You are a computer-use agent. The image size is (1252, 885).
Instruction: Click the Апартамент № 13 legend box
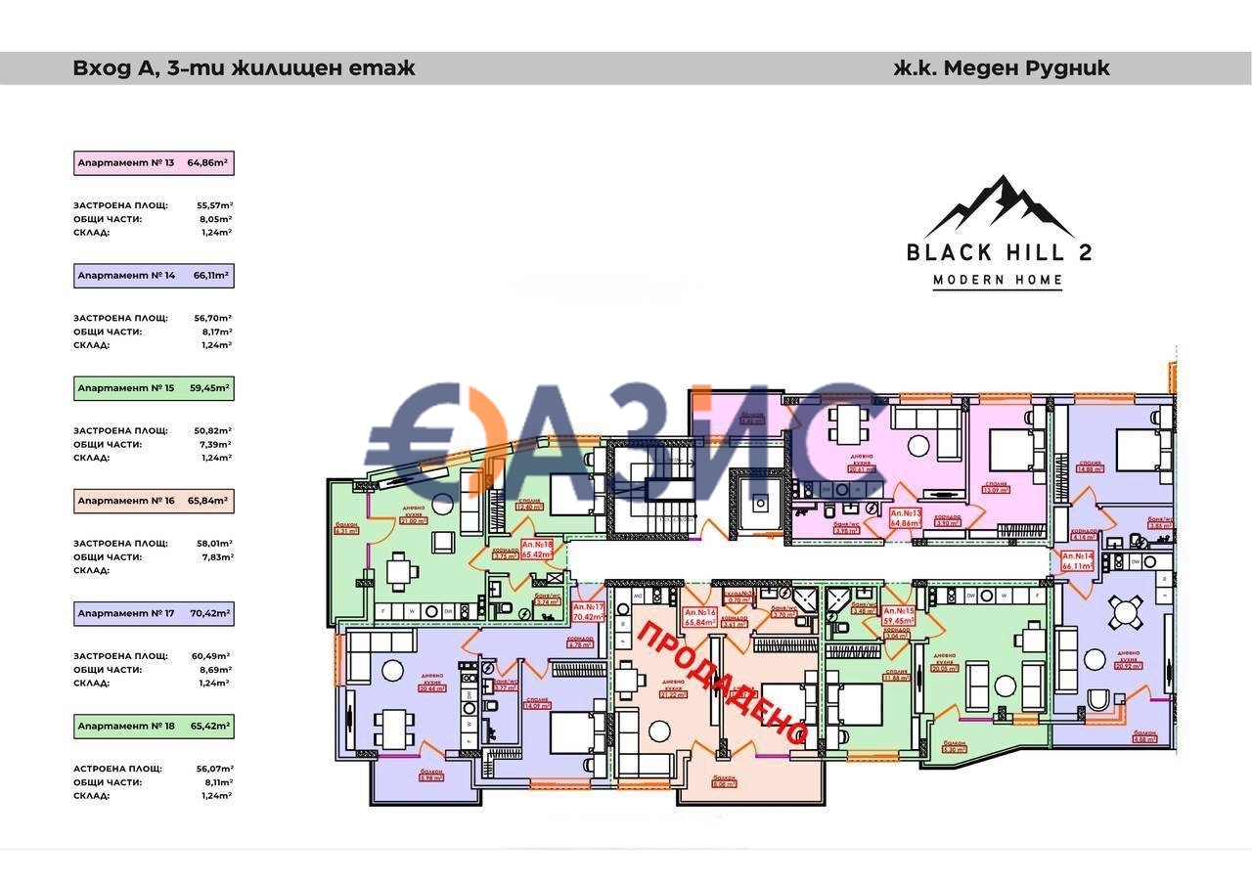(x=154, y=163)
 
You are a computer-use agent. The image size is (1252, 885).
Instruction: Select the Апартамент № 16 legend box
(x=154, y=501)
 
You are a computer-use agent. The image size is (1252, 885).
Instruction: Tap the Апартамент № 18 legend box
(x=154, y=727)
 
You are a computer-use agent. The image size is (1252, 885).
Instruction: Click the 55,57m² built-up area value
(x=214, y=206)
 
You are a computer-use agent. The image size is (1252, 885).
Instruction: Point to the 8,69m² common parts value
(x=214, y=670)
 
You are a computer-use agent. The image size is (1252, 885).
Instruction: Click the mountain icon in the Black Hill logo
(x=999, y=206)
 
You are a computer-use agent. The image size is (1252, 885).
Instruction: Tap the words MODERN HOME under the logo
(x=998, y=281)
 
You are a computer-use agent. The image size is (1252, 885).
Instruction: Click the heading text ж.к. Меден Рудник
(x=1002, y=68)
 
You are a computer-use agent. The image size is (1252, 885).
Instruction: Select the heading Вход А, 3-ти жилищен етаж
(x=244, y=68)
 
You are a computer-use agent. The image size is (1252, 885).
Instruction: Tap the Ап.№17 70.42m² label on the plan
(x=588, y=612)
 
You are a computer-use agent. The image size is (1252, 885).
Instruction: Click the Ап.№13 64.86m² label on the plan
(x=906, y=517)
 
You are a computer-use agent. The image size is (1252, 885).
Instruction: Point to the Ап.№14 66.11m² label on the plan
(x=1077, y=560)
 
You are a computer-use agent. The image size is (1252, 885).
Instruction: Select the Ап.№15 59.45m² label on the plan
(x=898, y=616)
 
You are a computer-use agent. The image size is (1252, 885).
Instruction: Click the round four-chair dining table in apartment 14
(x=1126, y=613)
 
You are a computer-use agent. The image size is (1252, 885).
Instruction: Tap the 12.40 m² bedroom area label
(x=528, y=507)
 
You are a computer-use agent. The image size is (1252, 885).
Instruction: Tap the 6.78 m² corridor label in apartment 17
(x=580, y=644)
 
